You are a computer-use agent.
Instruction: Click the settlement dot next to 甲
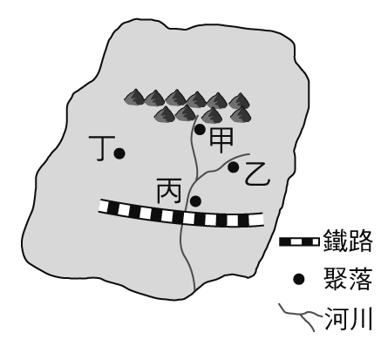click(x=200, y=130)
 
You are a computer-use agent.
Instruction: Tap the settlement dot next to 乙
click(x=234, y=167)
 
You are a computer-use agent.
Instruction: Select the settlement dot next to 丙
click(x=196, y=200)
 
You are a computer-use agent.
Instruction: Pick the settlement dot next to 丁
click(x=119, y=153)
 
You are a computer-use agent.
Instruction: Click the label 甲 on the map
click(x=221, y=140)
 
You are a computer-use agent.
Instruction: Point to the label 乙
click(x=257, y=174)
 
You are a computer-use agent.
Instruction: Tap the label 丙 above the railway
click(x=169, y=191)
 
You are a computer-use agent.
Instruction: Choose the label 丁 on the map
click(x=101, y=148)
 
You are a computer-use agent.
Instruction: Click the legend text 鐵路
click(x=348, y=241)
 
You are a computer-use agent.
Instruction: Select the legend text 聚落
click(x=348, y=279)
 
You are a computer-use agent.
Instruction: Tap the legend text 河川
click(x=348, y=318)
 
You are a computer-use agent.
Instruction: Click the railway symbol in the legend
click(x=299, y=241)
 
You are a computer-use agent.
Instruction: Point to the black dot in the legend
click(x=298, y=279)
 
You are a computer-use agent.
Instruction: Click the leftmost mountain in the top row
click(x=134, y=98)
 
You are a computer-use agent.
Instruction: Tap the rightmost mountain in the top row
click(x=239, y=100)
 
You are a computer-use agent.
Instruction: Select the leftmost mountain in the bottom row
click(x=165, y=114)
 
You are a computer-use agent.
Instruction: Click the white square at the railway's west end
click(x=103, y=206)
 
